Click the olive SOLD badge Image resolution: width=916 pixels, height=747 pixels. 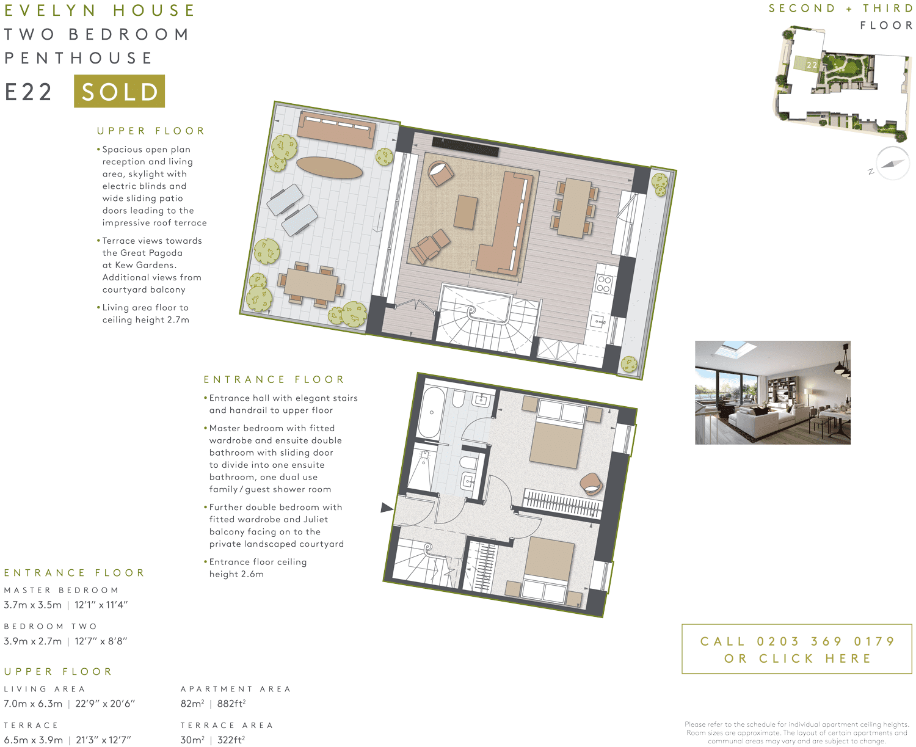click(x=119, y=92)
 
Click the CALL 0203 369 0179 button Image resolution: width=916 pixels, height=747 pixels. click(x=796, y=649)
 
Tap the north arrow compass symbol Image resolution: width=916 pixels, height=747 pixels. click(x=892, y=164)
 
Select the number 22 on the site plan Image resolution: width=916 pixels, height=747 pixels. click(x=812, y=65)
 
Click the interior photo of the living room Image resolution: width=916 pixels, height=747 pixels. click(x=772, y=392)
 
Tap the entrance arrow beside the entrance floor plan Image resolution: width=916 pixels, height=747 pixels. click(x=387, y=508)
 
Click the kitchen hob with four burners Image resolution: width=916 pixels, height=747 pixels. click(x=604, y=284)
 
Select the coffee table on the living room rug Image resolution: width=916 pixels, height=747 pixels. click(x=466, y=212)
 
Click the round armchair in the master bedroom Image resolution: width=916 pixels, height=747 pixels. click(x=591, y=484)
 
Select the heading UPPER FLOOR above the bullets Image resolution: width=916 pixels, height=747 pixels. click(x=151, y=131)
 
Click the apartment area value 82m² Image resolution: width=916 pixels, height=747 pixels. click(x=192, y=704)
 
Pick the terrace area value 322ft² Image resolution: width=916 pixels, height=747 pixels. click(x=231, y=740)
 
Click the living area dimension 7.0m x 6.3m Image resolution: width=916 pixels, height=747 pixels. click(x=33, y=704)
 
